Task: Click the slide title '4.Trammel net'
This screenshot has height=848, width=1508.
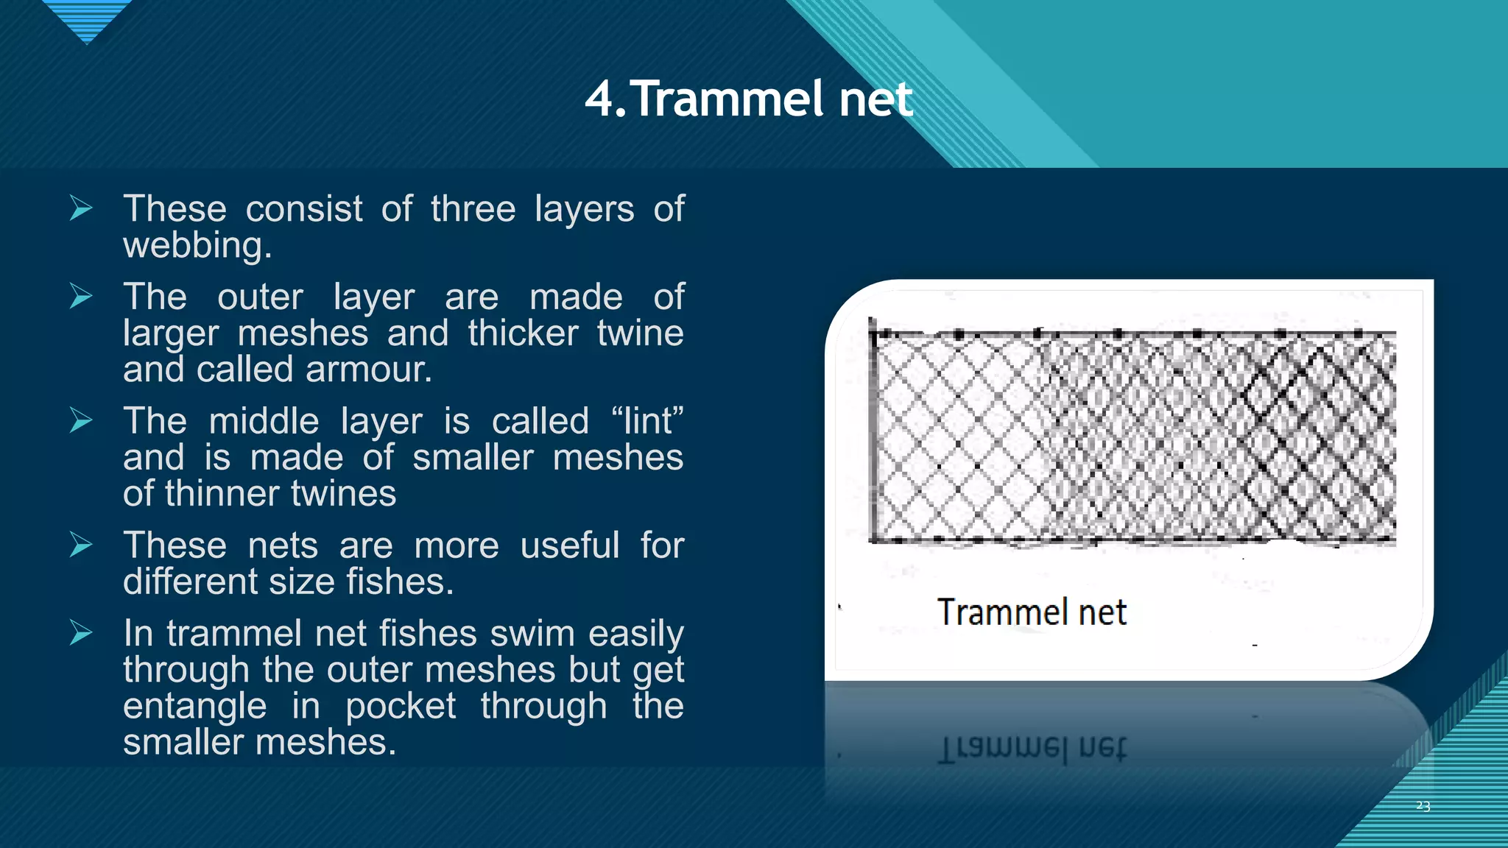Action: [x=748, y=99]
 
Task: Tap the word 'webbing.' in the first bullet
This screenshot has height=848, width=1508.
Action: [x=197, y=245]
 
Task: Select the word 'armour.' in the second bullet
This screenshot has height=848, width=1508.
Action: [x=369, y=369]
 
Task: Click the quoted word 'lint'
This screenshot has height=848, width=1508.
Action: [x=647, y=421]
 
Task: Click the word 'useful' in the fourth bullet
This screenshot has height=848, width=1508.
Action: [x=570, y=545]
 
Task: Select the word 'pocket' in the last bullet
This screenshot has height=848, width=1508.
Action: [x=401, y=706]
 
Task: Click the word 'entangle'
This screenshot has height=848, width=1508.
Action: [x=194, y=706]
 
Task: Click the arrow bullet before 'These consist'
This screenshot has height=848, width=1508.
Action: [x=81, y=208]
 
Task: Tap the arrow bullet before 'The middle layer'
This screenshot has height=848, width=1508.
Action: [x=81, y=420]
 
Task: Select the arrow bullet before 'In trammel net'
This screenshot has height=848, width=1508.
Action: [x=81, y=632]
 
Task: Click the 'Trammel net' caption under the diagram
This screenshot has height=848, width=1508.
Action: [x=1031, y=612]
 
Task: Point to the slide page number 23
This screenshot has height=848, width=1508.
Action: [x=1423, y=806]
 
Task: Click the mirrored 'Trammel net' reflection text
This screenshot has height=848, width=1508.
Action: [x=1031, y=749]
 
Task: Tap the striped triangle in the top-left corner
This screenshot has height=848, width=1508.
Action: [x=87, y=18]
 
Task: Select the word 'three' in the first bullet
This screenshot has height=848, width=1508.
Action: [x=473, y=209]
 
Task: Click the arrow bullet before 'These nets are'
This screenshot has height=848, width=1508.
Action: [x=81, y=545]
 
